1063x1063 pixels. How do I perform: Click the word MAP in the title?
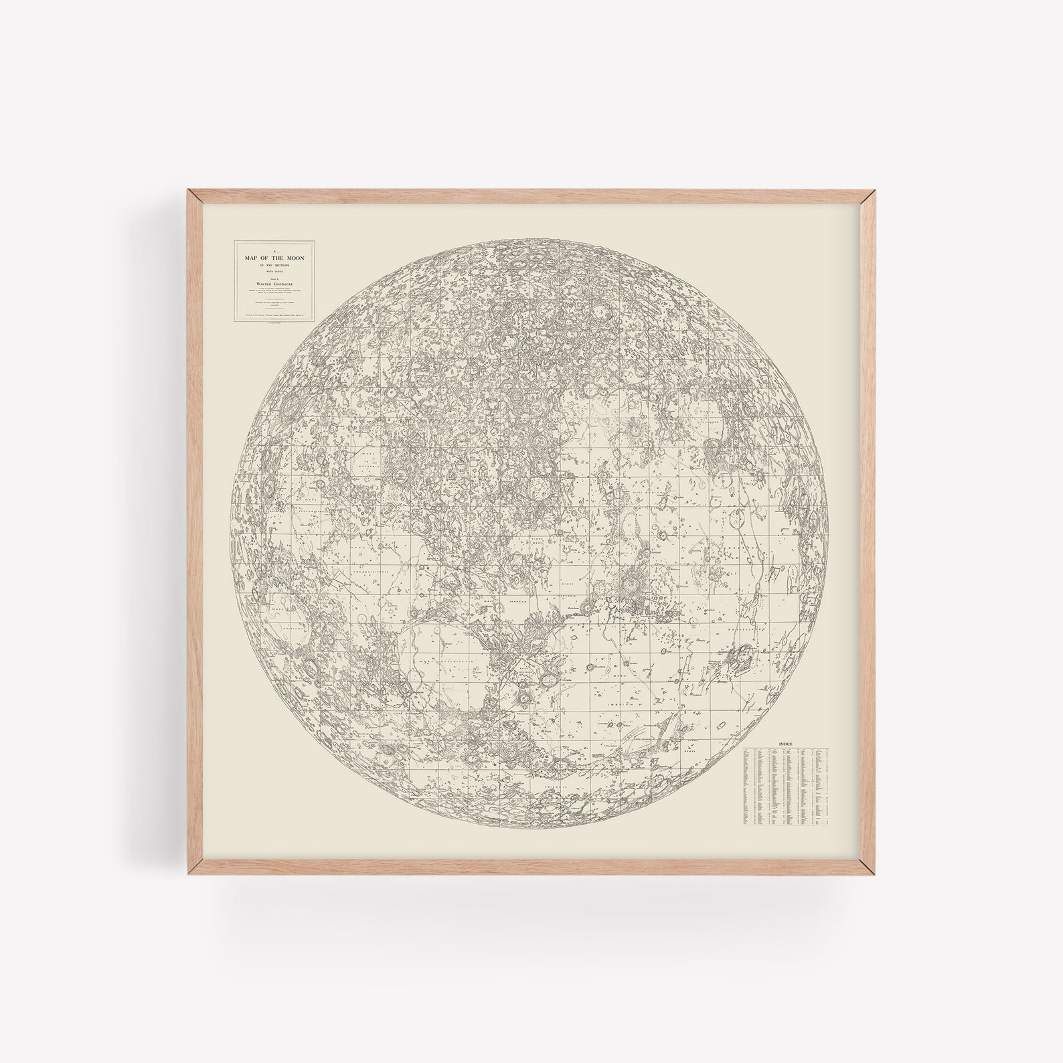point(251,258)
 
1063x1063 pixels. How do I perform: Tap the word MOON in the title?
point(296,258)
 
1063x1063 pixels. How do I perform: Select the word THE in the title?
point(278,258)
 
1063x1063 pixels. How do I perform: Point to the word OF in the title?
point(264,258)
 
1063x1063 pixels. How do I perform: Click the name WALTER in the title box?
point(264,284)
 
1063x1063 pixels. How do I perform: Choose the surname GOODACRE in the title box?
point(283,284)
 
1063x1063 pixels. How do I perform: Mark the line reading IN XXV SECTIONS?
point(274,265)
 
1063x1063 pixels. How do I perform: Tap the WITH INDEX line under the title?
point(274,271)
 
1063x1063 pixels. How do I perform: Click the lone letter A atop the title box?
point(274,252)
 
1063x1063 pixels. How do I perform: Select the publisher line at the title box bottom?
point(274,315)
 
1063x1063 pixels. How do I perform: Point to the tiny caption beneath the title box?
point(274,323)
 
